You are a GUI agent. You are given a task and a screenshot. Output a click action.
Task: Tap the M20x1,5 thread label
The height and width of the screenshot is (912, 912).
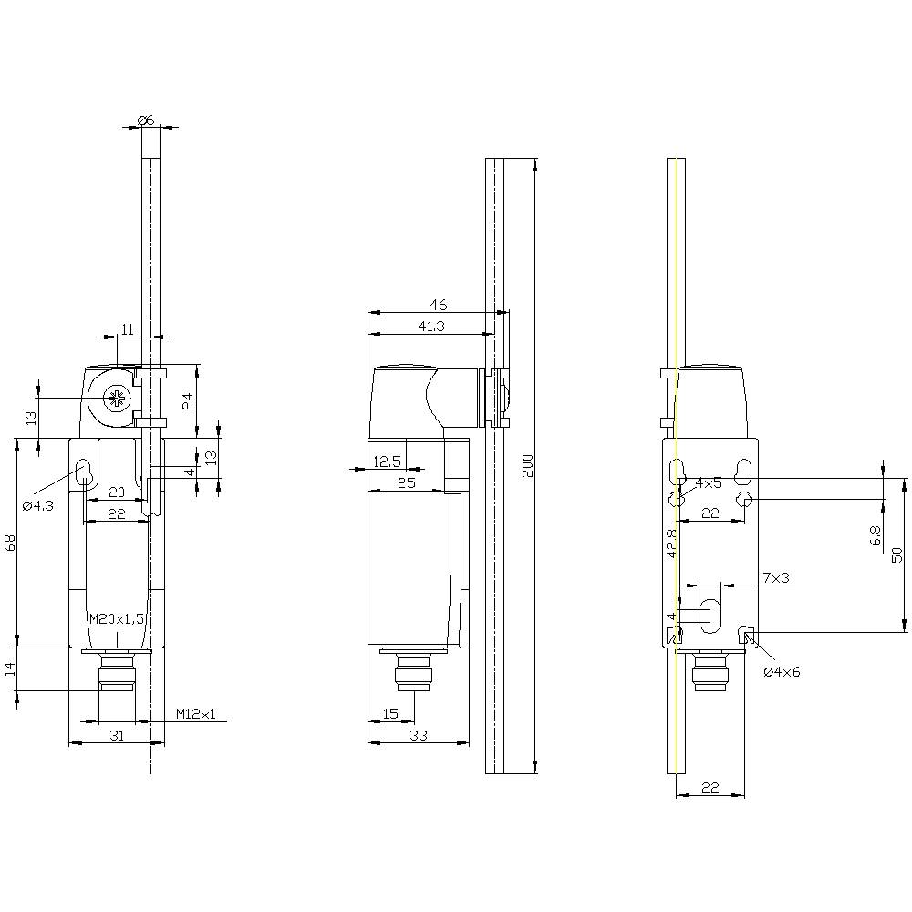click(117, 618)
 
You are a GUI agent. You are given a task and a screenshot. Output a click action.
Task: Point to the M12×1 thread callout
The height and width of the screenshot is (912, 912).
click(196, 713)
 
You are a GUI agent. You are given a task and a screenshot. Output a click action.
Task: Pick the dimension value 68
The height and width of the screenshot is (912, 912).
click(11, 543)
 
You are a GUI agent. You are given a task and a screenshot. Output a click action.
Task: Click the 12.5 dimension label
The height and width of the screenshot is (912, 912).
click(388, 462)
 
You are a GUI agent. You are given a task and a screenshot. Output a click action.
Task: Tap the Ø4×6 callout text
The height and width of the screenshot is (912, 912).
click(782, 672)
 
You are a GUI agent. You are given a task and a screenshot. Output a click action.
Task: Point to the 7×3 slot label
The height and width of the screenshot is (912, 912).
click(775, 579)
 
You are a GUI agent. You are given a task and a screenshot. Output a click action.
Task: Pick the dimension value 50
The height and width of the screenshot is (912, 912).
click(897, 554)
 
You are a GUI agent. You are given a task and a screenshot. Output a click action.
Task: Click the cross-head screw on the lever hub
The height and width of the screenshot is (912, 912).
click(117, 399)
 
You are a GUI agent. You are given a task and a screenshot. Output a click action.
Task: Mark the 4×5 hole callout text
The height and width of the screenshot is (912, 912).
click(709, 482)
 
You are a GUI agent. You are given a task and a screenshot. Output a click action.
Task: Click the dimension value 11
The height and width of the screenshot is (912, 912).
click(127, 327)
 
